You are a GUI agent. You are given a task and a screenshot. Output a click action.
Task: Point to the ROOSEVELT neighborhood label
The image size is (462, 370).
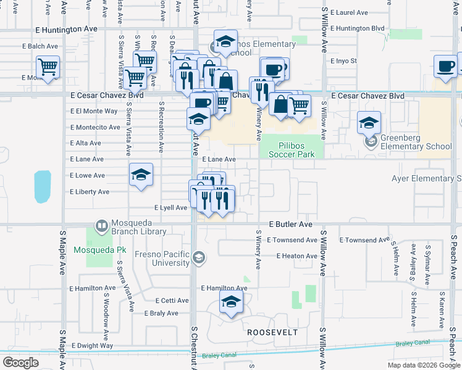point(272,332)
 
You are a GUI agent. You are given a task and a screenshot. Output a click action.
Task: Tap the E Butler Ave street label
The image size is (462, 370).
point(290,225)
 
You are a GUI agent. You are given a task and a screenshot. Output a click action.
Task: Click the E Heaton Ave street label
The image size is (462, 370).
point(296,256)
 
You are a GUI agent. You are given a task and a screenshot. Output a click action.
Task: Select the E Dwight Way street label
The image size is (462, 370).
point(93,346)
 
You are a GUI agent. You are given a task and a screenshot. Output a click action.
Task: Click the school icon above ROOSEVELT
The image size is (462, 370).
point(231,302)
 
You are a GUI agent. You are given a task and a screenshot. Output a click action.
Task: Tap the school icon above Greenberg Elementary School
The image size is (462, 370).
point(369,122)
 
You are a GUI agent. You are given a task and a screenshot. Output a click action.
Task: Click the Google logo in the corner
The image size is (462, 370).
point(20,363)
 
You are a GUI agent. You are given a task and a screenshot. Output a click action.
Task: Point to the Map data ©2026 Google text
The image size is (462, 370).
point(424,365)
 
